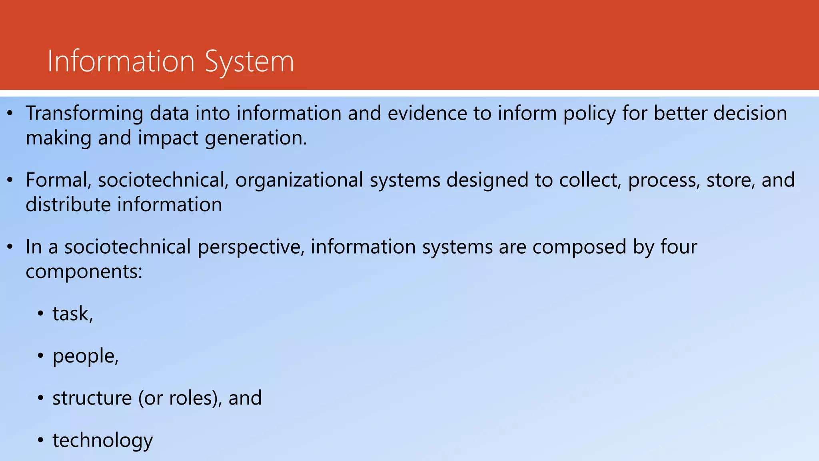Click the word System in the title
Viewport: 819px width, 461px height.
(x=249, y=62)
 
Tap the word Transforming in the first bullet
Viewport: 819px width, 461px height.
(x=84, y=113)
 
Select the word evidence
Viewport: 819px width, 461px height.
(x=427, y=113)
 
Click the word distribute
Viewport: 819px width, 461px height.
(x=68, y=204)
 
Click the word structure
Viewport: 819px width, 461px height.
(x=92, y=398)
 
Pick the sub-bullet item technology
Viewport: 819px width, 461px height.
(x=102, y=441)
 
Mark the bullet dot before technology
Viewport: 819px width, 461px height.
(x=40, y=441)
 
